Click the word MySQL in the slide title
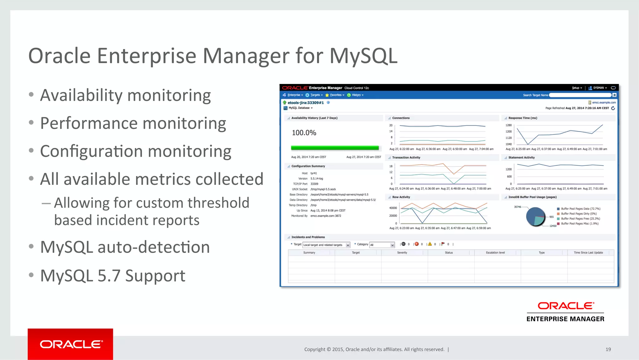(x=363, y=56)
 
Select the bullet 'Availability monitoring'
(x=125, y=95)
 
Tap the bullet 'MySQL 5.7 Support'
(x=113, y=276)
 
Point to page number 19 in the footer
(x=608, y=349)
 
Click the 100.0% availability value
(x=304, y=133)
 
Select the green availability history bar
(x=335, y=148)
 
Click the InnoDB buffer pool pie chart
(x=535, y=216)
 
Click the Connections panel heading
(x=401, y=118)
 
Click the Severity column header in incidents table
(x=402, y=253)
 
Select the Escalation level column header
(x=495, y=253)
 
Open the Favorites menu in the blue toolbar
(x=335, y=95)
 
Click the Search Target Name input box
(x=580, y=95)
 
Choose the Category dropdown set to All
(x=382, y=245)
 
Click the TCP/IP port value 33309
(x=314, y=184)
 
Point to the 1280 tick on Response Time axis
(x=509, y=125)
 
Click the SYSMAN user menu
(x=598, y=88)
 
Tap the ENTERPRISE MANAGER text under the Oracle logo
(x=565, y=319)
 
